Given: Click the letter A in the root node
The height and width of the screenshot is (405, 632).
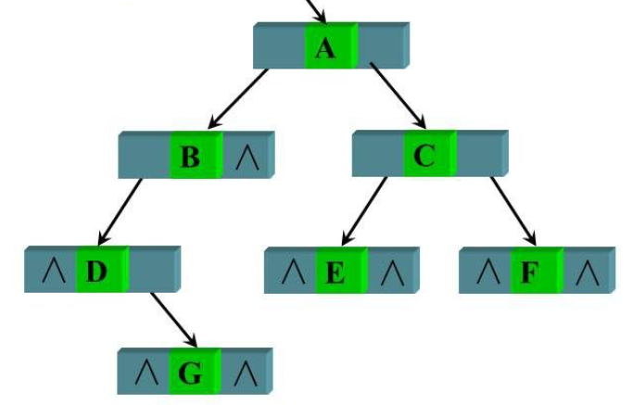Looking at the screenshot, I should tap(325, 47).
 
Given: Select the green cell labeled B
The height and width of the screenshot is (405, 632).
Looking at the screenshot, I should tap(192, 157).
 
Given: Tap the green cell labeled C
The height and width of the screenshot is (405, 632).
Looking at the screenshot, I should tap(426, 155).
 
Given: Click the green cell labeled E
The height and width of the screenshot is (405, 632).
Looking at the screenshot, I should tap(337, 272).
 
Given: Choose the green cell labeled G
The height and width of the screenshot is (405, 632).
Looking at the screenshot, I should tap(191, 373).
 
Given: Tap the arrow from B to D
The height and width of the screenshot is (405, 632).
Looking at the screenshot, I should tap(120, 212).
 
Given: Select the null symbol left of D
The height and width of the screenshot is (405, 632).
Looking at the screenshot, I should tap(51, 272).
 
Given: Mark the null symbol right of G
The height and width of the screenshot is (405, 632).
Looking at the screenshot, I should tap(245, 373).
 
